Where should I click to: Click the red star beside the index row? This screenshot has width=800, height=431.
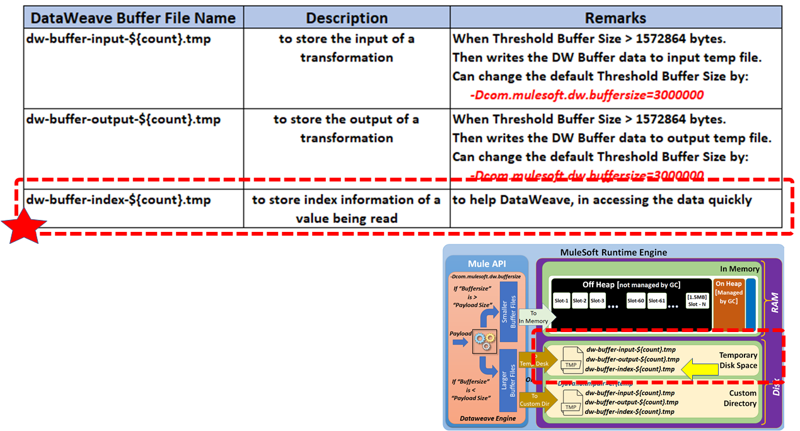click(24, 227)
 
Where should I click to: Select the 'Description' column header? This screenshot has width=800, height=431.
click(346, 18)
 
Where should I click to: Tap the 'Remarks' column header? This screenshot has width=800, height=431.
click(615, 18)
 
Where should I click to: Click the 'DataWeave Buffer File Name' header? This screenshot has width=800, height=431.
click(133, 18)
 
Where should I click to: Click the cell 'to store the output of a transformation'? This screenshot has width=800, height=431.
click(346, 129)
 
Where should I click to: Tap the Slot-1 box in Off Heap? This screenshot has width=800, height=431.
click(561, 301)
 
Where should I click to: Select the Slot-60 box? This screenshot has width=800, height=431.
click(635, 301)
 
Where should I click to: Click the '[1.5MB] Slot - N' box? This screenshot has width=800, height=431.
click(697, 301)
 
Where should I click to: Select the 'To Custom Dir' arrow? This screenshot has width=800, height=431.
click(533, 400)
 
